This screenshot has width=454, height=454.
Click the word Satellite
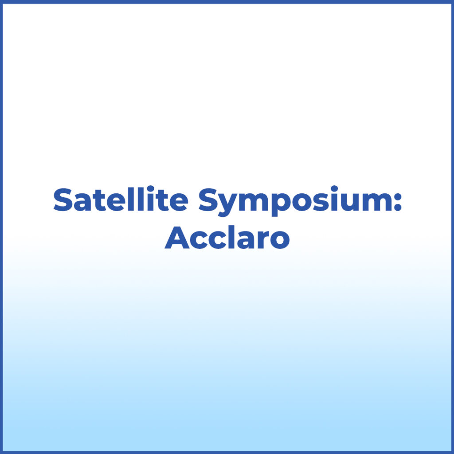point(120,200)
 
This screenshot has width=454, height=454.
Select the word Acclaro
point(227,239)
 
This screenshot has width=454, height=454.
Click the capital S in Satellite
point(63,200)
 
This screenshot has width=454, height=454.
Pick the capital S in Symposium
point(208,200)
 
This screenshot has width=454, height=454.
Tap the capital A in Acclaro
point(176,239)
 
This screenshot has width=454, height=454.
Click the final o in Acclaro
point(279,241)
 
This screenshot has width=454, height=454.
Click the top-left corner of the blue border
point(2,2)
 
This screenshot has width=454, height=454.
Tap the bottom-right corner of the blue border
point(452,452)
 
